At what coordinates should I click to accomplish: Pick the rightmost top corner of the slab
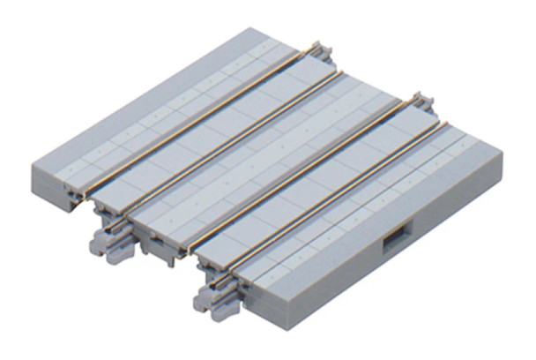pyautogui.click(x=501, y=155)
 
